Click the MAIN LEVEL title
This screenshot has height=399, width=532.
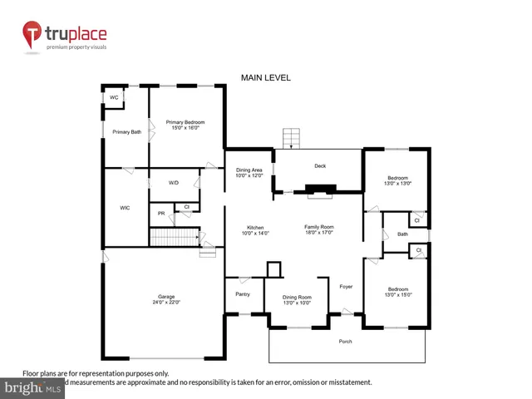(x=265, y=77)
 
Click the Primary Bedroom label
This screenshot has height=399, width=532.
(x=185, y=125)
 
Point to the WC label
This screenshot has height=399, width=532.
(x=114, y=97)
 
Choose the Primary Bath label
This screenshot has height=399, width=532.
(x=127, y=131)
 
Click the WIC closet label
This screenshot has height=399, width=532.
(x=126, y=208)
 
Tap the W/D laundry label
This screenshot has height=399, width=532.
(x=174, y=182)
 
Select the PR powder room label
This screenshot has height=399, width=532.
(x=161, y=214)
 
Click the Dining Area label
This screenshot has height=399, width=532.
(x=249, y=172)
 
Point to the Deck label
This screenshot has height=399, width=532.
(x=320, y=165)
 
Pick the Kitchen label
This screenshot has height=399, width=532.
(x=254, y=230)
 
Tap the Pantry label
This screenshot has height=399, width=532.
(x=243, y=294)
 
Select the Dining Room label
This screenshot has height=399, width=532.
(x=297, y=299)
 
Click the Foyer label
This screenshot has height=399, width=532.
(x=346, y=287)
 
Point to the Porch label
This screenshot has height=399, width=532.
(x=346, y=342)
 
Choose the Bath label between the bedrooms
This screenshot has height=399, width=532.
(x=402, y=234)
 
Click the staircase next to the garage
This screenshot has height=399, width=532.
(x=175, y=237)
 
